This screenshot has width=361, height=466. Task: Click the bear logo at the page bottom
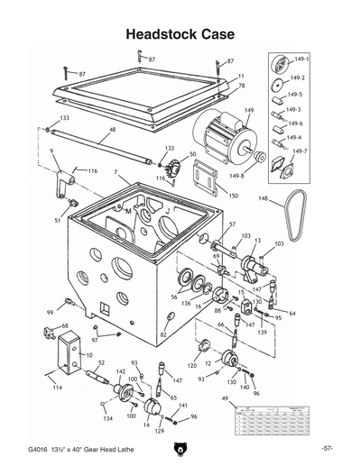click(180, 446)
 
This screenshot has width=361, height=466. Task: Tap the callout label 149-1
click(301, 59)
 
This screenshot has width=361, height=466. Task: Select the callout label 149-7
click(299, 151)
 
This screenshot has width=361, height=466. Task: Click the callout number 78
click(241, 86)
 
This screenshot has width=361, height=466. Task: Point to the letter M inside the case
click(129, 210)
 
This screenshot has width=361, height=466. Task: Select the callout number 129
click(160, 432)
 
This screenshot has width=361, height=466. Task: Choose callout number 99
click(51, 312)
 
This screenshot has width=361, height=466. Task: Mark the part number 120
click(192, 366)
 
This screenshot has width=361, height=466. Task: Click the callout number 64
click(292, 313)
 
